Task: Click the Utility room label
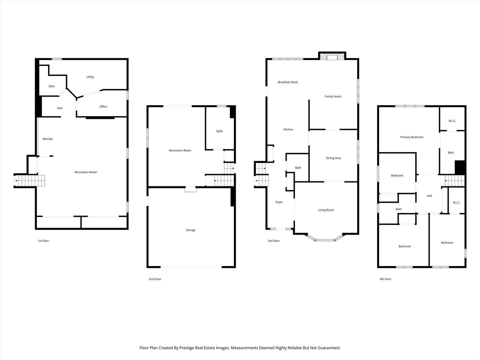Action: point(90,77)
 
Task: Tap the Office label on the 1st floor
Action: point(103,106)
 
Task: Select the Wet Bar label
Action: point(48,139)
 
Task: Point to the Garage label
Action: point(191,230)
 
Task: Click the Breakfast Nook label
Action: point(288,82)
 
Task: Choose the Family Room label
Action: point(333,96)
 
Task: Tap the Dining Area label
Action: point(333,158)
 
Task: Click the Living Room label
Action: point(326,210)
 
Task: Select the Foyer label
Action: point(279,202)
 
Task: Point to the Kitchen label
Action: point(288,129)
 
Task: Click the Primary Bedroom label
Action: point(412,137)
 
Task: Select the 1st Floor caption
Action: point(43,241)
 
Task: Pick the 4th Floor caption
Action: point(385,279)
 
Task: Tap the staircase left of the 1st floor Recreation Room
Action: point(29,181)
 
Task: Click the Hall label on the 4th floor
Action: point(429,196)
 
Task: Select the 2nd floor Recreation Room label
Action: point(180,150)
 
